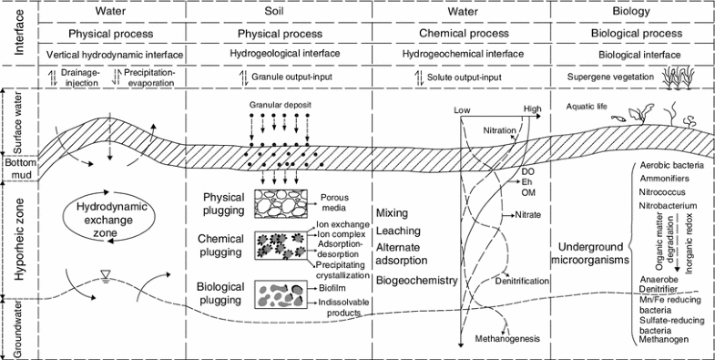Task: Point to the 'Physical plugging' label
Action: [224, 203]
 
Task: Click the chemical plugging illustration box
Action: [285, 248]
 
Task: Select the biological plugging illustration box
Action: [285, 295]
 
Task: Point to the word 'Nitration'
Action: [498, 131]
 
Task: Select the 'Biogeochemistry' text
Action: [416, 281]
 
